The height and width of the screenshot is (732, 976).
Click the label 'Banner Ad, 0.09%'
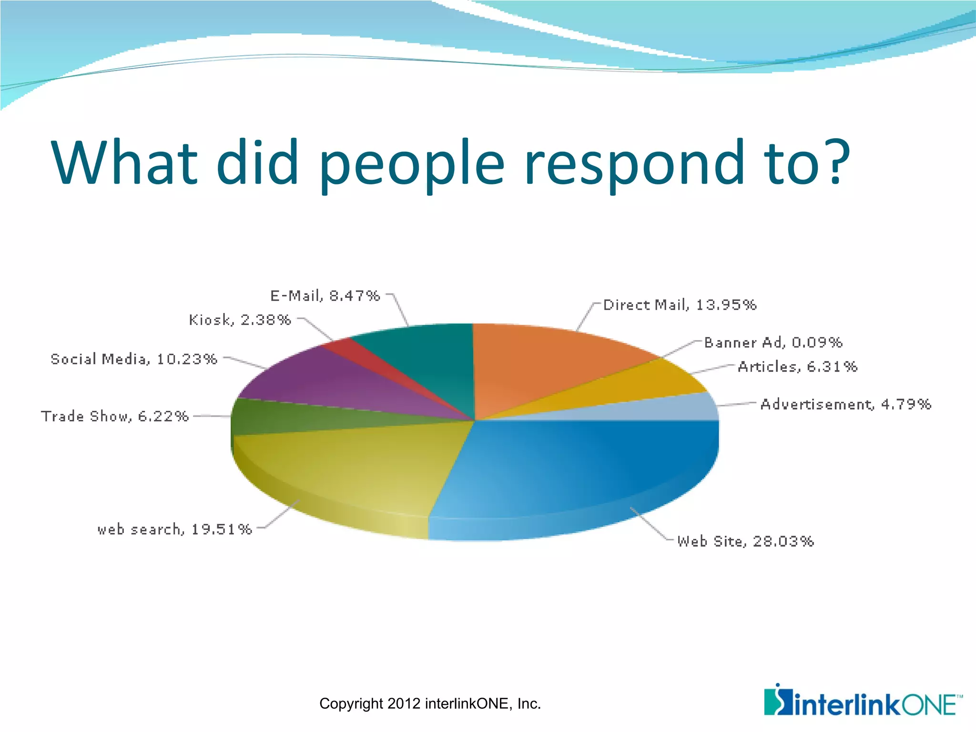pyautogui.click(x=773, y=343)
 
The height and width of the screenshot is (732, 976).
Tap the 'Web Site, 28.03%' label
pyautogui.click(x=745, y=541)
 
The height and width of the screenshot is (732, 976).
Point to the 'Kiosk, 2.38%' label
pyautogui.click(x=240, y=320)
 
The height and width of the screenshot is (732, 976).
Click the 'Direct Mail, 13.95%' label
pyautogui.click(x=680, y=305)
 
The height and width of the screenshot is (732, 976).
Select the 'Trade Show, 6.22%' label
pyautogui.click(x=115, y=417)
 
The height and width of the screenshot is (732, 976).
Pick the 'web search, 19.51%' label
pyautogui.click(x=174, y=529)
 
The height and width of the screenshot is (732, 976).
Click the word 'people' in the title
pyautogui.click(x=412, y=164)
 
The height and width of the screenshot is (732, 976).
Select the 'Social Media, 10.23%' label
pyautogui.click(x=134, y=359)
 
